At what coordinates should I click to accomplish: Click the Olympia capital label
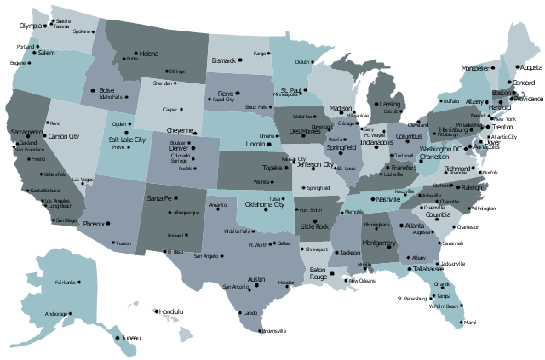[x=30, y=26]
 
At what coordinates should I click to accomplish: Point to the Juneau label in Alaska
[x=129, y=339]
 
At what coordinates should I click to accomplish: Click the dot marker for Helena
[x=135, y=53]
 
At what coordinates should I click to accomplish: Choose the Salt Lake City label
[x=127, y=139]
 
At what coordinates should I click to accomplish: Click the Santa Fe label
[x=159, y=198]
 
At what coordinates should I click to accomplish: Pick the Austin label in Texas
[x=256, y=278]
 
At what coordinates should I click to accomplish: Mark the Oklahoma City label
[x=265, y=204]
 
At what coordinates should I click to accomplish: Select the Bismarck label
[x=223, y=60]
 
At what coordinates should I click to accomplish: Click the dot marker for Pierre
[x=237, y=93]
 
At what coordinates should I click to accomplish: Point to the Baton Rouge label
[x=318, y=272]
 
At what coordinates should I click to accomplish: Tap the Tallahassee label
[x=424, y=269]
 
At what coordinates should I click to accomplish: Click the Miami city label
[x=470, y=323]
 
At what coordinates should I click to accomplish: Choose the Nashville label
[x=387, y=198]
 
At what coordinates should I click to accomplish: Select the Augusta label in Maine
[x=530, y=66]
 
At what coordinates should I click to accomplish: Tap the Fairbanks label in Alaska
[x=65, y=282]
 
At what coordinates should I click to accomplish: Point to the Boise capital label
[x=106, y=89]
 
